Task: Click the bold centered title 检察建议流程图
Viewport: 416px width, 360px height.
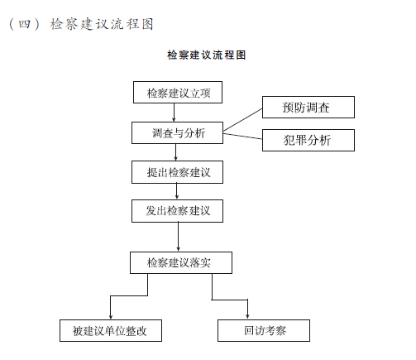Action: point(206,55)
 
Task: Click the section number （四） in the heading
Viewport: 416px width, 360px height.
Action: point(24,24)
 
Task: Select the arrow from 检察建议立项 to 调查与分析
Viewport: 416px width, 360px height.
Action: point(174,113)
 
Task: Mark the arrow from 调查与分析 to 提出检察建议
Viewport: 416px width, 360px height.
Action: point(176,152)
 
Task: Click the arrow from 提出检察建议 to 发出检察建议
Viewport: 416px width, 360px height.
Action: point(177,191)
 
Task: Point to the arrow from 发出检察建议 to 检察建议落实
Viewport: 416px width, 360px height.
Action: point(178,237)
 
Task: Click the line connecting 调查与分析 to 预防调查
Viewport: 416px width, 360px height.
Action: point(242,119)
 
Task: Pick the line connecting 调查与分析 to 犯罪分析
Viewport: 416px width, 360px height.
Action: point(242,136)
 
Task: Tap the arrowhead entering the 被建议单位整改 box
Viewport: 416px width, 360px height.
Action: point(111,317)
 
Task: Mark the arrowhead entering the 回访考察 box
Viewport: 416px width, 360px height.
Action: point(247,316)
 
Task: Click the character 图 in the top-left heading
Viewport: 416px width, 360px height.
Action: point(147,24)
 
